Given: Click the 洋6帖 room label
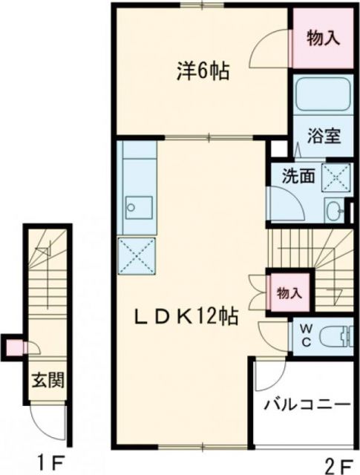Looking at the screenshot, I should (202, 71).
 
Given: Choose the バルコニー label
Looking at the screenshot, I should (307, 405).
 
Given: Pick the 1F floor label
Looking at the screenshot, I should (53, 464).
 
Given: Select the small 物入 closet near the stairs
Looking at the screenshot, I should (289, 292).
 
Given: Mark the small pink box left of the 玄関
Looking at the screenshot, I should (14, 345).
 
